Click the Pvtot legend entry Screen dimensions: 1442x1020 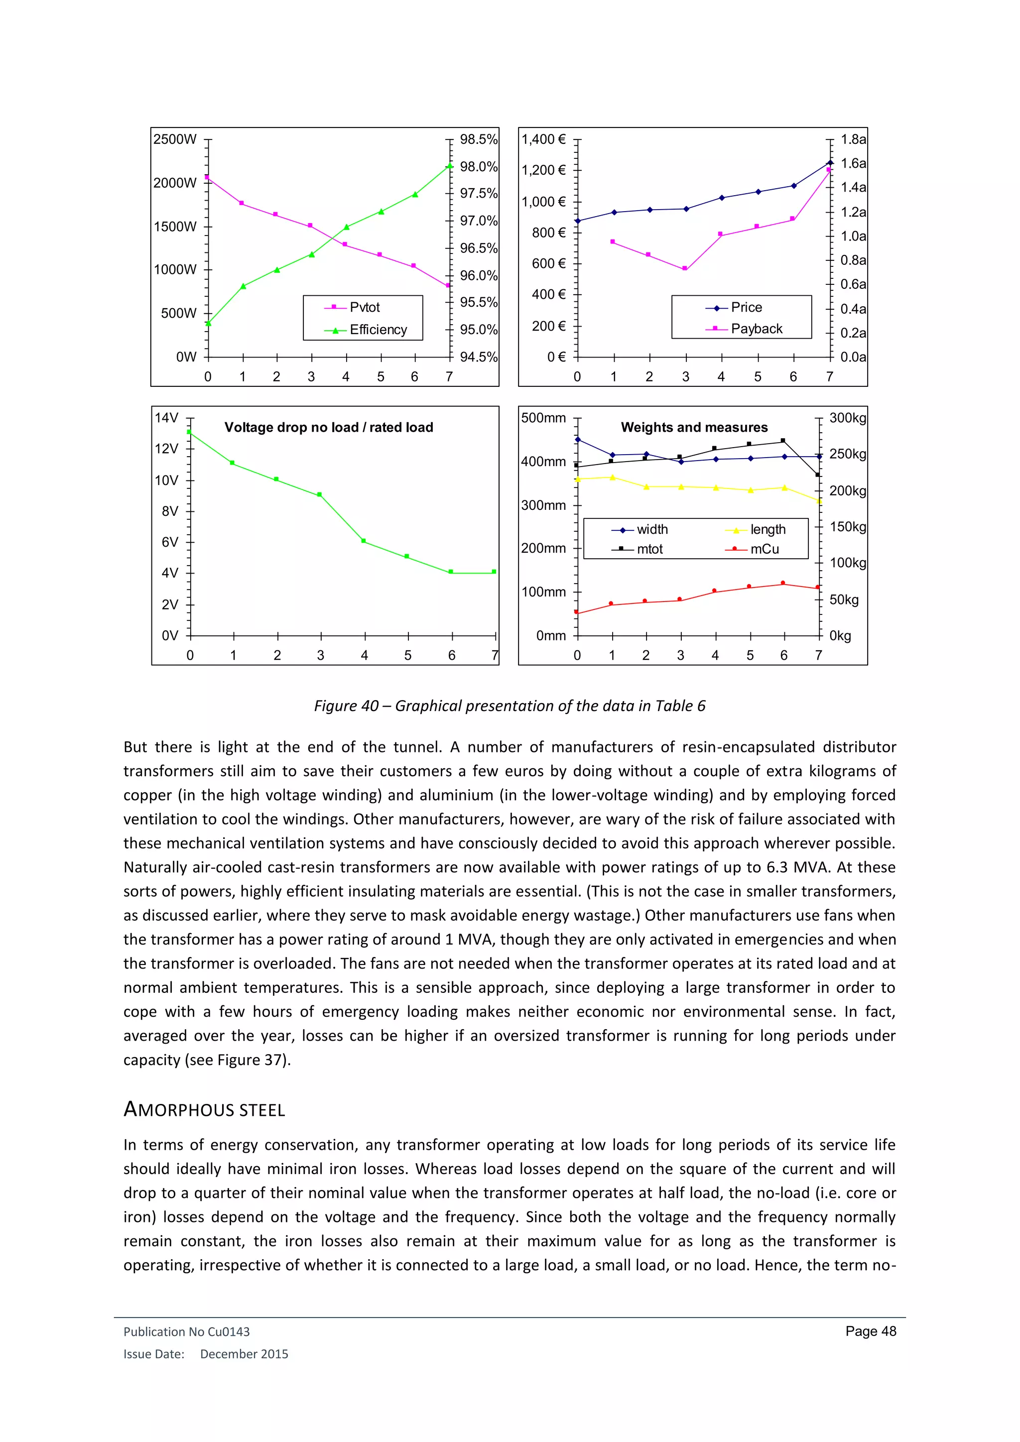364,307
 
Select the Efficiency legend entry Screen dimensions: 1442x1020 378,330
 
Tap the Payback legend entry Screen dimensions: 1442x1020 756,329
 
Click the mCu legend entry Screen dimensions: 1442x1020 764,549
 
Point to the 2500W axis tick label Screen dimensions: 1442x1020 175,139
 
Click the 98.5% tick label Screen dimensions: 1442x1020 478,139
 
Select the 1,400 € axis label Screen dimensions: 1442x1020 543,139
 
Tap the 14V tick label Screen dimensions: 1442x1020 166,418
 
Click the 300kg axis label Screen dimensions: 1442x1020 847,418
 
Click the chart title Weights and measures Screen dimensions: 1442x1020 694,428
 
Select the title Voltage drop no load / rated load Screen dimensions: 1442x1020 329,428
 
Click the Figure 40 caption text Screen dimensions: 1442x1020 510,706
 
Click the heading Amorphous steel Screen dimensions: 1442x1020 204,1110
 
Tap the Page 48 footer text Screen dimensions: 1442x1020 871,1331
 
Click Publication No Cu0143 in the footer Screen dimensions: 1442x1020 187,1331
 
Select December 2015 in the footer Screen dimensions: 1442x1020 244,1354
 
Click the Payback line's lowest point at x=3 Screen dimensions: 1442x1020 685,269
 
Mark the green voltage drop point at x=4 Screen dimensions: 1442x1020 364,541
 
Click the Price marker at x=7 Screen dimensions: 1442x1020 830,163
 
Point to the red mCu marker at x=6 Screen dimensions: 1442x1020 782,583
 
